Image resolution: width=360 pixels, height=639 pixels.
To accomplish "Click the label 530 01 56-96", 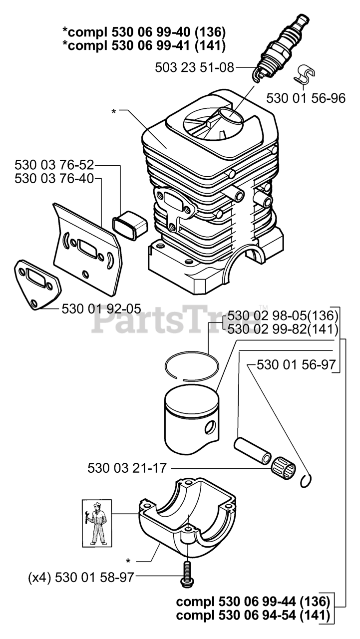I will pos(306,98).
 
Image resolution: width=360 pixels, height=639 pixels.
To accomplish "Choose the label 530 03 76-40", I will pos(54,178).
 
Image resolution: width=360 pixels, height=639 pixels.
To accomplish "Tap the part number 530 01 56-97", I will pos(296,365).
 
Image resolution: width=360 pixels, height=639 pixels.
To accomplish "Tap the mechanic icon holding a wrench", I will pos(97,522).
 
